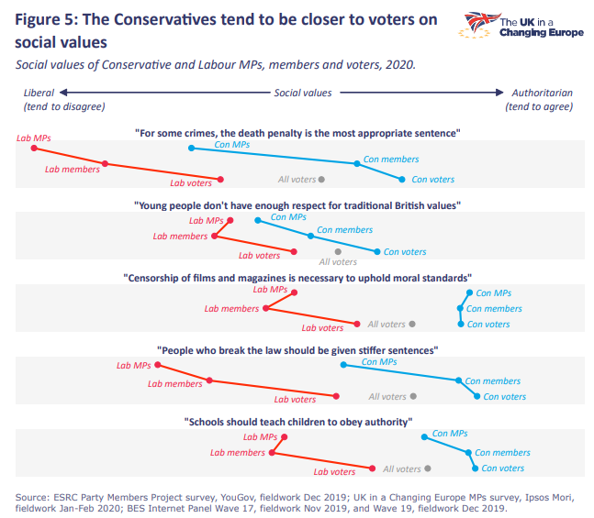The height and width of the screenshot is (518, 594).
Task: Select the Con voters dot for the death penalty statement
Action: (x=401, y=180)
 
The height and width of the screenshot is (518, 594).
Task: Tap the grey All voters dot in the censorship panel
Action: (x=413, y=325)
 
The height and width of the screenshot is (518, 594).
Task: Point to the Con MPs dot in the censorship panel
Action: (x=468, y=293)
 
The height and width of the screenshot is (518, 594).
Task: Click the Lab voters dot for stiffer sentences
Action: (x=336, y=396)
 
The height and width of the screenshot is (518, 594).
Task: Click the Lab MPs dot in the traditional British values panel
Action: (x=230, y=220)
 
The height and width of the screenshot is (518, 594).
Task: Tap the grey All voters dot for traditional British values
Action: (x=338, y=250)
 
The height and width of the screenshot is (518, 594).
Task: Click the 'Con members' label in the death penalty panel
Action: (x=391, y=160)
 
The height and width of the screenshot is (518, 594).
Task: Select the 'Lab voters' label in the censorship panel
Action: (x=322, y=327)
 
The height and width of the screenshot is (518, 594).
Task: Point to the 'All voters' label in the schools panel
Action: (x=401, y=469)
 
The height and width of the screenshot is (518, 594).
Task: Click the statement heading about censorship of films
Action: (x=297, y=277)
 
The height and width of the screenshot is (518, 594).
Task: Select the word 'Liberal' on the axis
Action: (x=39, y=93)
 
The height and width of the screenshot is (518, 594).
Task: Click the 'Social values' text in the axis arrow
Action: (x=302, y=93)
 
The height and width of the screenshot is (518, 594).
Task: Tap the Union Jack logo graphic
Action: (x=477, y=25)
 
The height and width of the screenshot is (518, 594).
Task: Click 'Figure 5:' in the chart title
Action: (x=47, y=21)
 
